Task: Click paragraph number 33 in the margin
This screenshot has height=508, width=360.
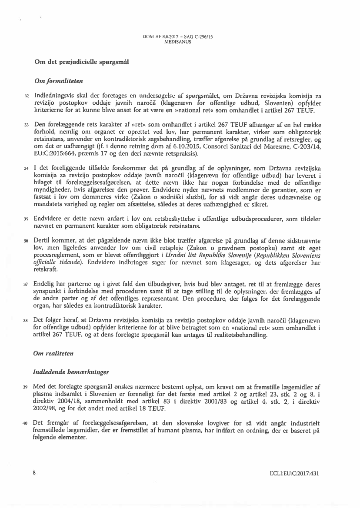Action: click(x=27, y=124)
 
